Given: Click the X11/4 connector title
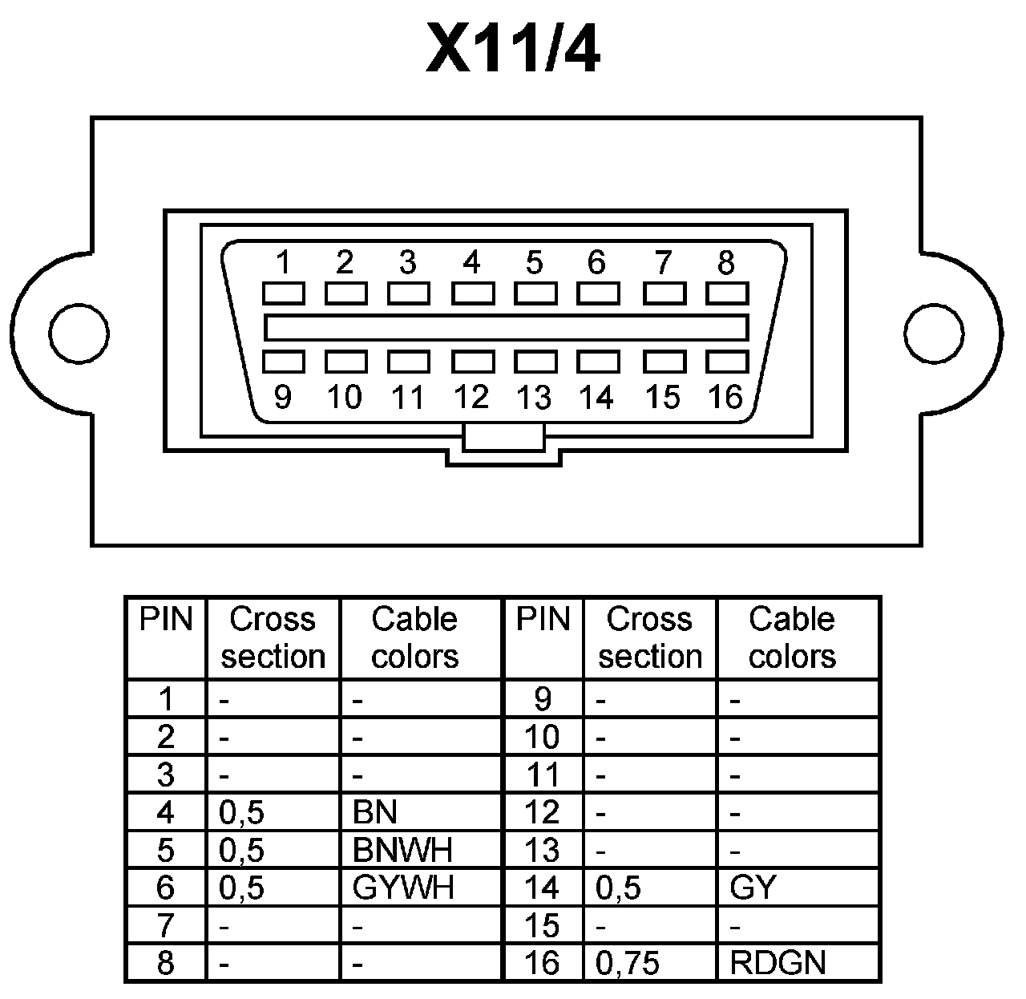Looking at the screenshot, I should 512,50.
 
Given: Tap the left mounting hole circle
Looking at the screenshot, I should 79,332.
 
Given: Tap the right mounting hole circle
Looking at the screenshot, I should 934,332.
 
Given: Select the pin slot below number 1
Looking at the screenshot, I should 284,293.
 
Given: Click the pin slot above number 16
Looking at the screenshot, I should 727,362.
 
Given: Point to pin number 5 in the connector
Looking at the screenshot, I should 535,263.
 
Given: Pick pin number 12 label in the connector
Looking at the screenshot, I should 471,397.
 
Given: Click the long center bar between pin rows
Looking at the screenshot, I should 506,328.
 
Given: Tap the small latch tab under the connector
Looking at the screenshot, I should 504,438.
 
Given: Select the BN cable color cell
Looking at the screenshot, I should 375,813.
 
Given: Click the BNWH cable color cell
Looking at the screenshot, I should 402,850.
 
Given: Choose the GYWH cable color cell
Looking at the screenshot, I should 403,888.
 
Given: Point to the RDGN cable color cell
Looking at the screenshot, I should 778,962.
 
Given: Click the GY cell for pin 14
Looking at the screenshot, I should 753,888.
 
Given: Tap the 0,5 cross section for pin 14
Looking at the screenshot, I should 619,888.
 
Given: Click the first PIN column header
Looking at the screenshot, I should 166,620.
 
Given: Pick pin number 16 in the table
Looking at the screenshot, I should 542,962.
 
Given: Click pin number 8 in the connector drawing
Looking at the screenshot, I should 726,263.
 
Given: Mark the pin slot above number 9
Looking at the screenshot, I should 284,362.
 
